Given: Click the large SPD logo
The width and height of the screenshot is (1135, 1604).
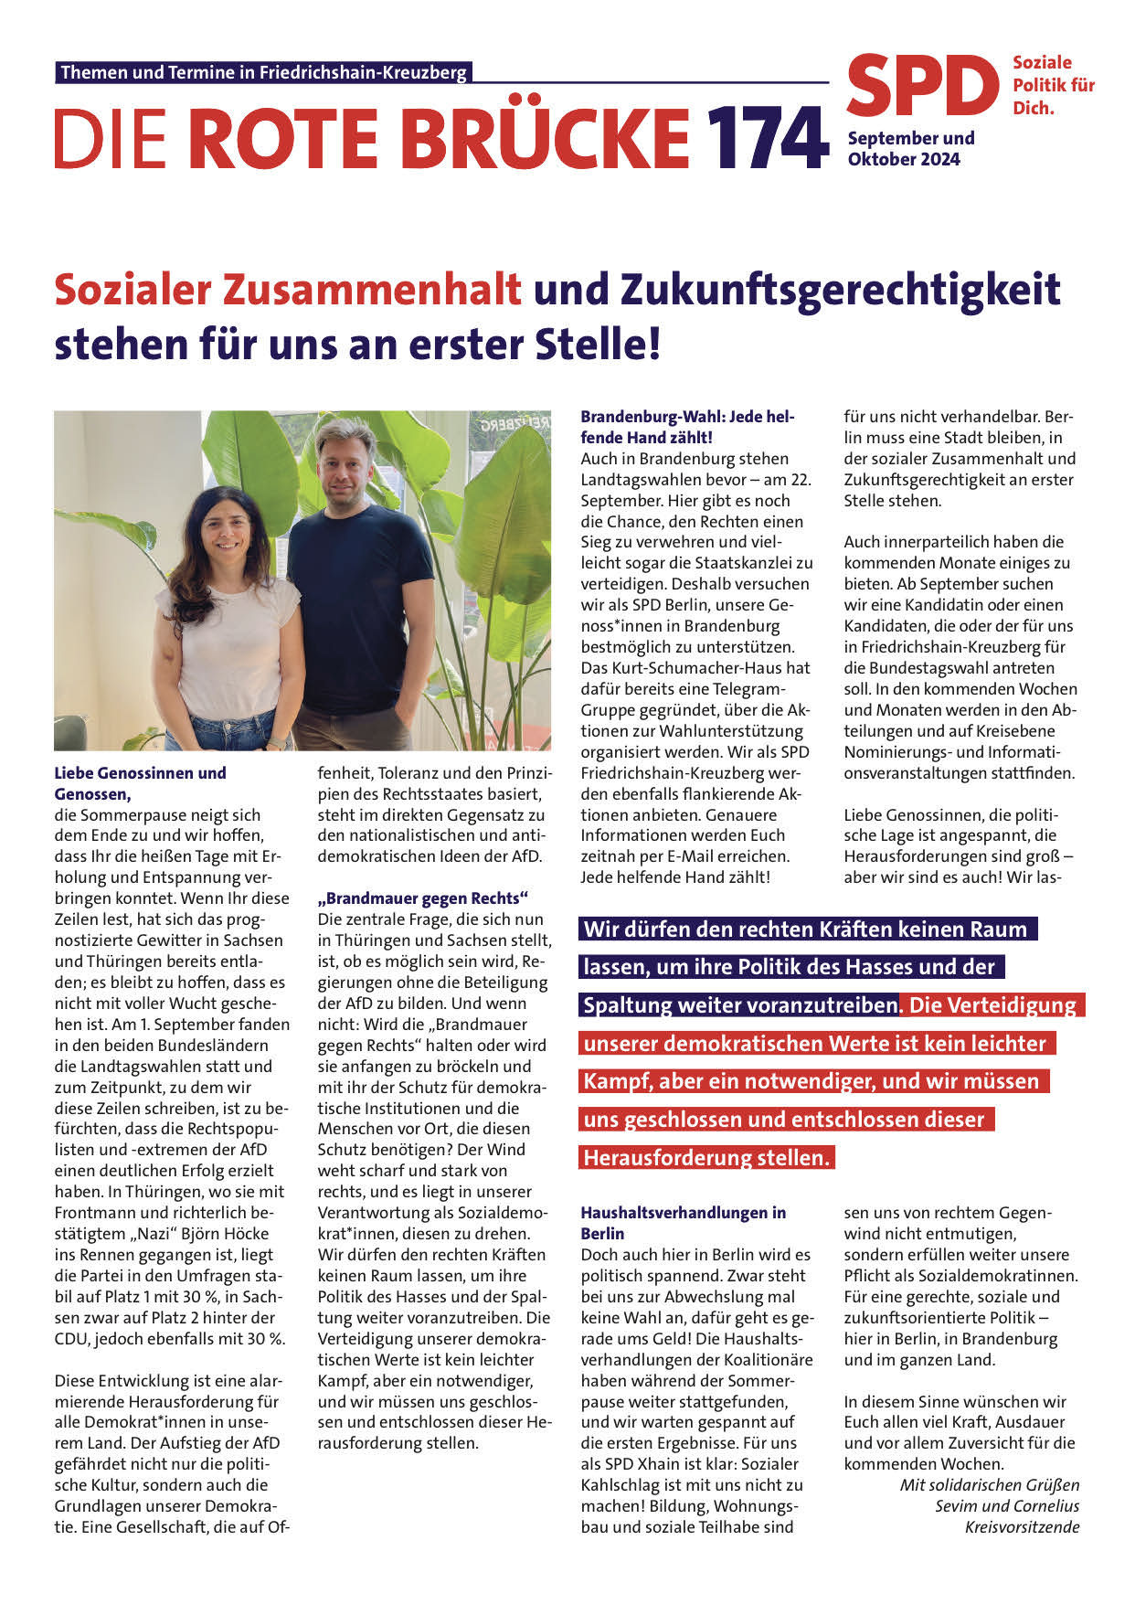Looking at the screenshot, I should (923, 88).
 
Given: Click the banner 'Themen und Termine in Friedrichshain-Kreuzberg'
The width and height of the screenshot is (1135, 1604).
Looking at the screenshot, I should (263, 72).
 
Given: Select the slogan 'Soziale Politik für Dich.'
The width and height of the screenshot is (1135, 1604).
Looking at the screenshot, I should (1053, 85).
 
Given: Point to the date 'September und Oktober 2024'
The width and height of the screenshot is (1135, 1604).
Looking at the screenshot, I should (910, 148).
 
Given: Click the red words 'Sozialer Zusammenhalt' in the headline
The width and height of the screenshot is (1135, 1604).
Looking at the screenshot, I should (288, 290).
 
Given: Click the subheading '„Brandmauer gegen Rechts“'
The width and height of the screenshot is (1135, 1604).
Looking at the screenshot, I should (423, 898).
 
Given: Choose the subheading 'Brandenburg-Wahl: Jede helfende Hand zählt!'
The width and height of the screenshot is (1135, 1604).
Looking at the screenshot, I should (687, 427).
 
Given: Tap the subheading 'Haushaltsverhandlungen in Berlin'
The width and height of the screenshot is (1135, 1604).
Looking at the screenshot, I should (683, 1223).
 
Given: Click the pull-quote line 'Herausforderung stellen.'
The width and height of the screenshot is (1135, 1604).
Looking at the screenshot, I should (706, 1158).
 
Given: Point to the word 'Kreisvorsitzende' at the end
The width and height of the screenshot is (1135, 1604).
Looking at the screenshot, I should (1022, 1527).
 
